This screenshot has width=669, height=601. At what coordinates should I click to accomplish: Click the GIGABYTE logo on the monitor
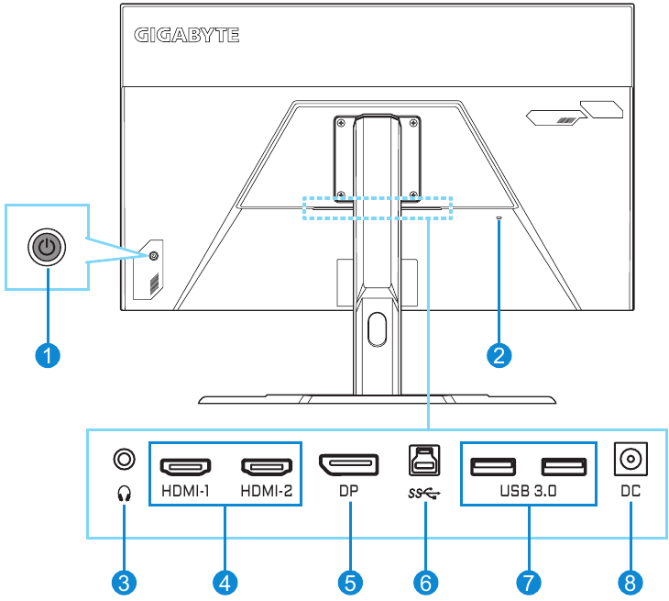click(187, 36)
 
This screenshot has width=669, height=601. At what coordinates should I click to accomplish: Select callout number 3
click(125, 581)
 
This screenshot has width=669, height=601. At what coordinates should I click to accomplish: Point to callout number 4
click(225, 581)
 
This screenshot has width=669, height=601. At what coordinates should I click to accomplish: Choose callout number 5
click(349, 581)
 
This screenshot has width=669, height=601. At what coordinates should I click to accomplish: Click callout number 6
click(426, 581)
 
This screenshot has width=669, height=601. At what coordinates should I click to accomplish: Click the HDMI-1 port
click(186, 466)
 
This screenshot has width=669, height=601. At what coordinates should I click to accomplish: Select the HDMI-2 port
click(267, 466)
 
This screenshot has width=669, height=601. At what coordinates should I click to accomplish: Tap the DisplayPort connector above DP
click(348, 465)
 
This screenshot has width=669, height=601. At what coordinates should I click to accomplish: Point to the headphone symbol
click(125, 493)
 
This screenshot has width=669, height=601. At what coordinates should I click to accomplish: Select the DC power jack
click(629, 458)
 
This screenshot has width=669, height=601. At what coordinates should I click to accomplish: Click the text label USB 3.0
click(529, 491)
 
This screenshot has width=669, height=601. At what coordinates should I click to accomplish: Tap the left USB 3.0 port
click(493, 466)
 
